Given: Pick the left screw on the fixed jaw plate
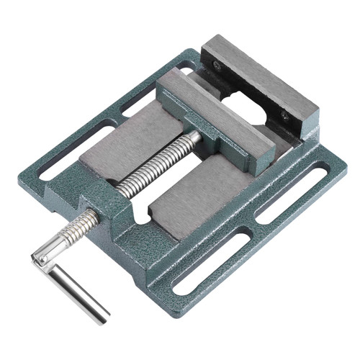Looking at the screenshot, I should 217,66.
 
